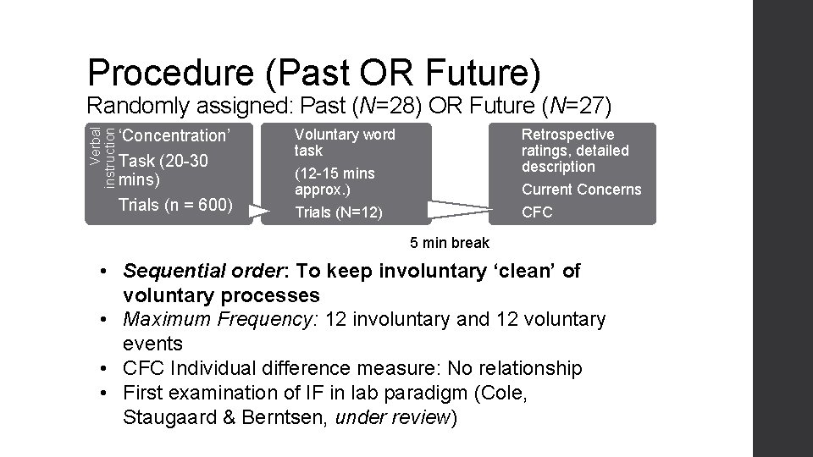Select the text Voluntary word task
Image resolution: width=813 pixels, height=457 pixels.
tap(344, 142)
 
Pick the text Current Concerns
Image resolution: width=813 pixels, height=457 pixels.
tap(582, 190)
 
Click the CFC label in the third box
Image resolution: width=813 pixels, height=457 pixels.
tap(536, 212)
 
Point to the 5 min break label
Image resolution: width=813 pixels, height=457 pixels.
tap(450, 243)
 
